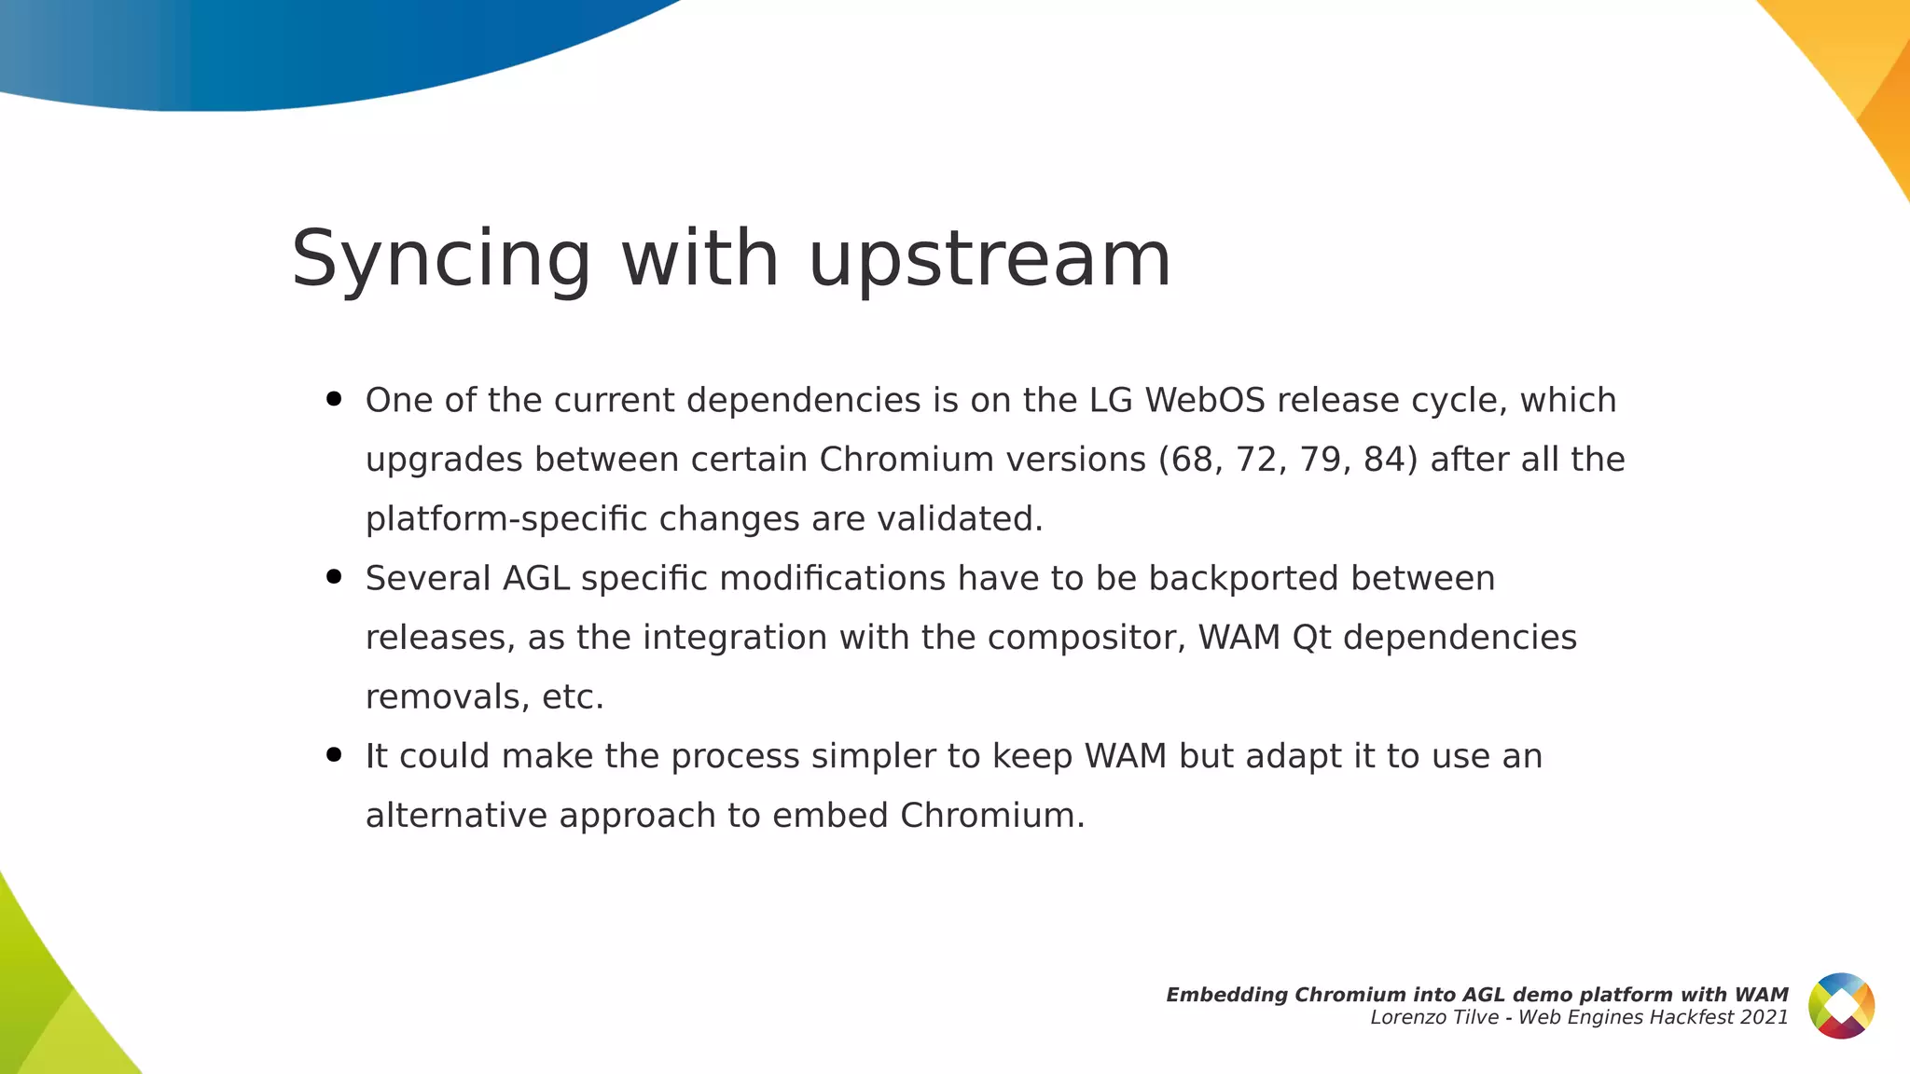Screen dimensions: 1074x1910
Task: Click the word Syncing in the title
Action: click(x=441, y=259)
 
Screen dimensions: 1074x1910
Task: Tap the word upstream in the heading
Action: click(x=990, y=259)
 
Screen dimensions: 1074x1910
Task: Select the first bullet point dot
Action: click(x=334, y=400)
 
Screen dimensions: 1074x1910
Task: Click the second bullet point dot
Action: click(x=334, y=577)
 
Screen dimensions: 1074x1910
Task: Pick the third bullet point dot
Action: click(x=334, y=755)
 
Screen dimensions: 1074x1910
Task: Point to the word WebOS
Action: click(x=1204, y=400)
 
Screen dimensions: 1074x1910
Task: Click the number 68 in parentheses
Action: click(x=1191, y=460)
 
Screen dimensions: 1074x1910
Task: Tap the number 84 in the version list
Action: click(x=1385, y=460)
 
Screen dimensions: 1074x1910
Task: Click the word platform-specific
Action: click(x=506, y=519)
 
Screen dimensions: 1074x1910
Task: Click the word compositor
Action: click(x=1086, y=638)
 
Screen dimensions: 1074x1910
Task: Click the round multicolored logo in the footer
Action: click(x=1841, y=1006)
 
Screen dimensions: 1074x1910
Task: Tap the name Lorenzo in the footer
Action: click(x=1405, y=1018)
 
